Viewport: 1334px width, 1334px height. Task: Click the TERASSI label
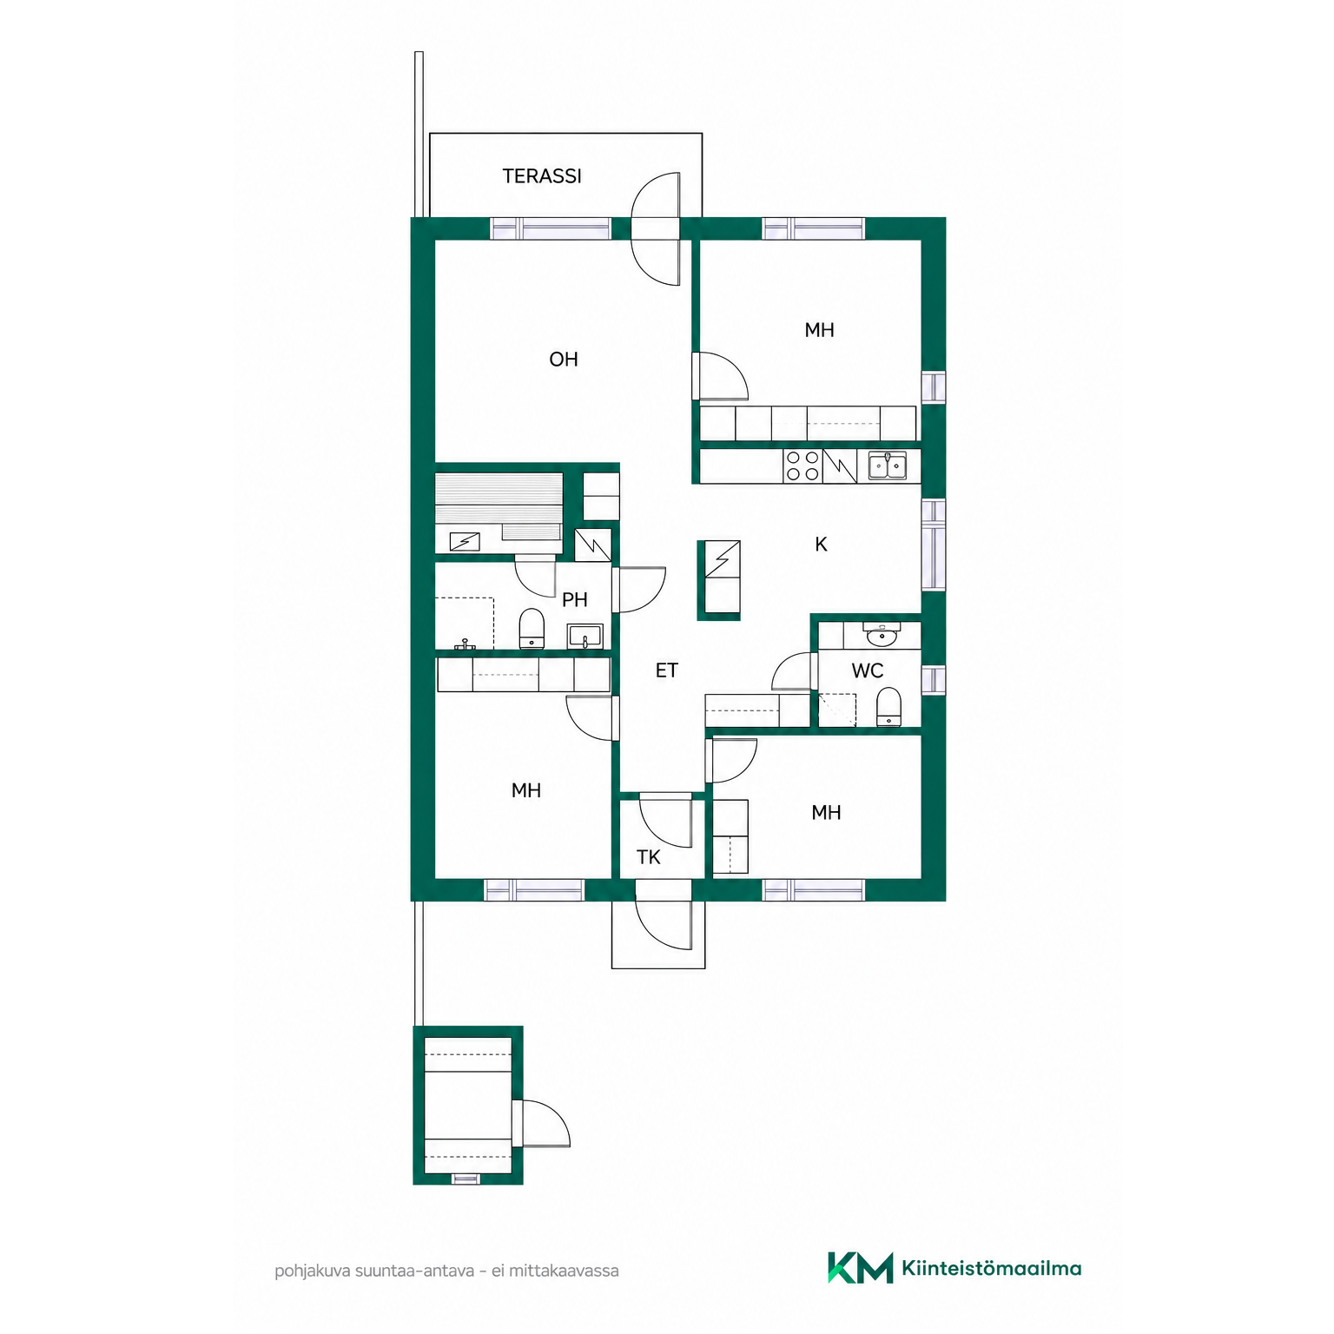tap(542, 176)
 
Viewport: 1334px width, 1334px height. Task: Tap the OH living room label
tap(564, 360)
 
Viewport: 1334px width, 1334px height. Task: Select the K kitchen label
tap(821, 545)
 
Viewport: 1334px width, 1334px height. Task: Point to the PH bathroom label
tap(575, 600)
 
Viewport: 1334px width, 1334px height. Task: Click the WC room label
tap(868, 671)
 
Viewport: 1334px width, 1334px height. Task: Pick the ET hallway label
tap(667, 670)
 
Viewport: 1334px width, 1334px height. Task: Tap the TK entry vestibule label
tap(649, 858)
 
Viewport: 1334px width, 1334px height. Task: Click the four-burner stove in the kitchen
tap(802, 466)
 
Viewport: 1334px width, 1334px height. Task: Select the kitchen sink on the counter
tap(888, 466)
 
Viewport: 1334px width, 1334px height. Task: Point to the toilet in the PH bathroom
tap(532, 629)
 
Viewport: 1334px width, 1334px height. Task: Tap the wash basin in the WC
tap(882, 635)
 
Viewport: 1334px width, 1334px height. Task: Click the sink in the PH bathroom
tap(585, 636)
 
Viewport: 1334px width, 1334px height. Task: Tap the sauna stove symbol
tap(465, 542)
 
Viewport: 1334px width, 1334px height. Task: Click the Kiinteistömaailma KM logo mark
tap(860, 1268)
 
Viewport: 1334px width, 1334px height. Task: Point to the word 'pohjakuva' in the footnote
tap(313, 1271)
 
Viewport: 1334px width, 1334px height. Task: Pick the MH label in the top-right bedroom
tap(820, 330)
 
